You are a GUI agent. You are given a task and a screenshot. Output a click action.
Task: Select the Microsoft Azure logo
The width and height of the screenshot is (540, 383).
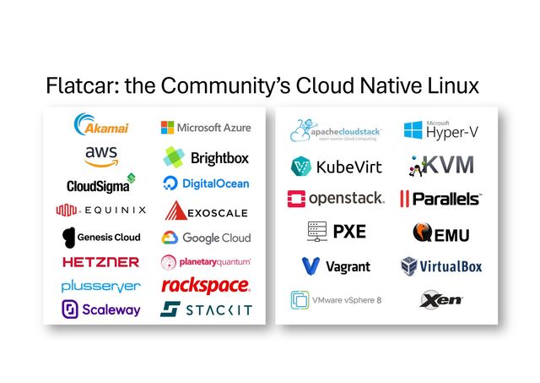206,127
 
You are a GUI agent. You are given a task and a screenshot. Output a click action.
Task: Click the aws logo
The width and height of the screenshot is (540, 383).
100,156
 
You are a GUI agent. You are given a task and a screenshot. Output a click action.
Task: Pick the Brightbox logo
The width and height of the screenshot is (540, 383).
206,157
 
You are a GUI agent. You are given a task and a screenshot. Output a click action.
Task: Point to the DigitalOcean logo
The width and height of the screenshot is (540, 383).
206,183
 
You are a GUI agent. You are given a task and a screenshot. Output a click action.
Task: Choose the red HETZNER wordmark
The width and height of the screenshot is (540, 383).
100,262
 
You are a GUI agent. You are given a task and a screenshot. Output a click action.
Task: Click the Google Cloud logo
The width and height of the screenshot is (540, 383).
206,238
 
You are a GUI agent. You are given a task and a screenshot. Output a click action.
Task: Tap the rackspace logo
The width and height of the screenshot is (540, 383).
206,285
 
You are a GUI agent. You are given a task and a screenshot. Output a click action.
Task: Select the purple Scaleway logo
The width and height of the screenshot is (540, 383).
100,309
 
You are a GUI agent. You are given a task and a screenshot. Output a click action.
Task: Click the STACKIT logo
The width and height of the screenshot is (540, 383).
206,309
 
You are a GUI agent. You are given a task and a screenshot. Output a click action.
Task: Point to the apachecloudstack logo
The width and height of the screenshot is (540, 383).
337,131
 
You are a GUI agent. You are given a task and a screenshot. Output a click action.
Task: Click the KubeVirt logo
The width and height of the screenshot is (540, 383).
336,166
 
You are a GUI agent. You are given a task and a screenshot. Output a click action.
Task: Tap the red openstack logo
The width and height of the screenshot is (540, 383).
336,198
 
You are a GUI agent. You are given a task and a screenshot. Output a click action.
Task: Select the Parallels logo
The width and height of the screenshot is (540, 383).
440,199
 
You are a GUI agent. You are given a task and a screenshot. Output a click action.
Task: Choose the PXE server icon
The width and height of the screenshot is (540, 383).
317,231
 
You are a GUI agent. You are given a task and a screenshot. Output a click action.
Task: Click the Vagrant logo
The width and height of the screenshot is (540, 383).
336,266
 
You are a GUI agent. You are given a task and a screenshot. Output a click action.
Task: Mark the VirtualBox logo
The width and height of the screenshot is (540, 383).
440,266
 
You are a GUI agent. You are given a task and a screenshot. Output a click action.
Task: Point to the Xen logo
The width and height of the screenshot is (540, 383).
440,299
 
